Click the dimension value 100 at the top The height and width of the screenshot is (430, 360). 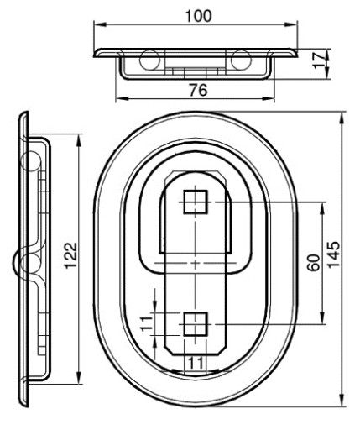199,16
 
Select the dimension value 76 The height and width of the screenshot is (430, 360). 198,90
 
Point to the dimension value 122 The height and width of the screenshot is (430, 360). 70,255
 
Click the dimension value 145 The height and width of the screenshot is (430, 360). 333,254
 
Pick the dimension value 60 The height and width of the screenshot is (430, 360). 313,262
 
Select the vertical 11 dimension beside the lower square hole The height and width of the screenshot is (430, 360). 146,323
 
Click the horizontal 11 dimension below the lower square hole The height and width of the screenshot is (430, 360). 196,363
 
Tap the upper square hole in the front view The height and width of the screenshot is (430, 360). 196,202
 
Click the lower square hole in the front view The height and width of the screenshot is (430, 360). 196,324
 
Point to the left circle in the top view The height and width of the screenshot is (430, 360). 150,60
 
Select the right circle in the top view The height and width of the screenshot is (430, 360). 241,60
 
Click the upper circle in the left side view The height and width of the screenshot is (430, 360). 31,161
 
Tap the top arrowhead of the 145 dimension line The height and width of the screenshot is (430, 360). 342,118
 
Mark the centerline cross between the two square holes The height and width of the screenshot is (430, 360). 196,263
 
